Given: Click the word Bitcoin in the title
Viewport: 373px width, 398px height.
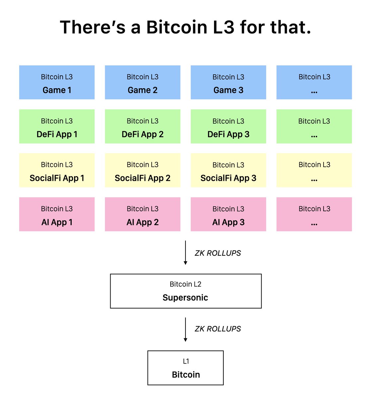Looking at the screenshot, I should [x=177, y=27].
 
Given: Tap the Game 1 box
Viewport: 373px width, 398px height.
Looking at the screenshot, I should [x=57, y=83].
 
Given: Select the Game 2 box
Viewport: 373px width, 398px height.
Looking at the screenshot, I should [x=143, y=83].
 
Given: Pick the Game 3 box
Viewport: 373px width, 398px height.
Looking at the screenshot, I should [x=228, y=83].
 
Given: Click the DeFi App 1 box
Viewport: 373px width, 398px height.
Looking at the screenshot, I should [x=57, y=126].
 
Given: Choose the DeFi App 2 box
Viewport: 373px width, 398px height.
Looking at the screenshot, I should [x=143, y=126].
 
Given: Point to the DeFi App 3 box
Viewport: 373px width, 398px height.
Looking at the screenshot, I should [x=228, y=126].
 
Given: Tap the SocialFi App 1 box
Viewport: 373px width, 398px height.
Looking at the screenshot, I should [x=57, y=170].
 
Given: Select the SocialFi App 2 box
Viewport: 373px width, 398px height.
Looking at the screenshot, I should [x=143, y=170].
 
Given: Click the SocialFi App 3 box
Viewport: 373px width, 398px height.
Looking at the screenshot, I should [x=228, y=170].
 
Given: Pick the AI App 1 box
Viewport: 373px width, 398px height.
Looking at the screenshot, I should [x=57, y=215].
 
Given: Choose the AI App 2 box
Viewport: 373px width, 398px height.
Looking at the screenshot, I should [x=143, y=215].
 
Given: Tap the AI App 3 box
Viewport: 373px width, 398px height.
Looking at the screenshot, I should [x=228, y=215].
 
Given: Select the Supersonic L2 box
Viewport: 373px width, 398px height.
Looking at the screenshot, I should [x=186, y=291].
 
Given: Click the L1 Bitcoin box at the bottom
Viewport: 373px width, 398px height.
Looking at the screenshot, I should [x=186, y=368].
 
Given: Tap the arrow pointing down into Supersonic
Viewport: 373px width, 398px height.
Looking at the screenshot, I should [x=186, y=253].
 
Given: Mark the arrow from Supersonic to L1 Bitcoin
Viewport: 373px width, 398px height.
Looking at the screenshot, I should [x=186, y=329].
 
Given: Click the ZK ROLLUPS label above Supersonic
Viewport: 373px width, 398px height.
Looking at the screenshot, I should [x=218, y=253].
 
